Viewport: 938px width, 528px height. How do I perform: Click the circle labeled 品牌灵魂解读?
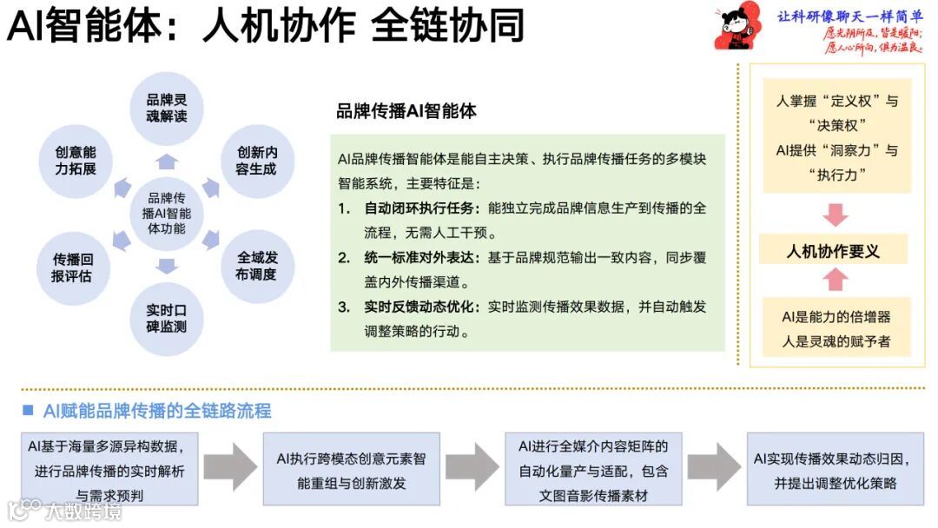tap(166, 108)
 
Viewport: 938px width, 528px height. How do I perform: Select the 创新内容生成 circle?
tap(256, 159)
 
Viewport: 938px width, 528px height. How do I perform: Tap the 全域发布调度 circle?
tap(256, 266)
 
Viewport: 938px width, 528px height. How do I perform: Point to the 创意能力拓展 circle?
tap(76, 159)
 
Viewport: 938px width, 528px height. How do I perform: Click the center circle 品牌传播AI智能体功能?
tap(166, 213)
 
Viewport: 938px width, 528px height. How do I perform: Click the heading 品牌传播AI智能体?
tap(406, 111)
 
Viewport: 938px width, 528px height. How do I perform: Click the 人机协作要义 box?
tap(834, 251)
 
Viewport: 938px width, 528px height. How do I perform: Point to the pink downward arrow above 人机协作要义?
tap(835, 214)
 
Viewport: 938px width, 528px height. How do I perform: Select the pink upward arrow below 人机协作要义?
tap(835, 279)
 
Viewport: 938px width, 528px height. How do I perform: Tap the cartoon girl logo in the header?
tap(735, 29)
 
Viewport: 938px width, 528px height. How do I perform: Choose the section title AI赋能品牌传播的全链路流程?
tap(156, 410)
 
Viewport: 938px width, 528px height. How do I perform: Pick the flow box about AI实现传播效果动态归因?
tap(835, 469)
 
